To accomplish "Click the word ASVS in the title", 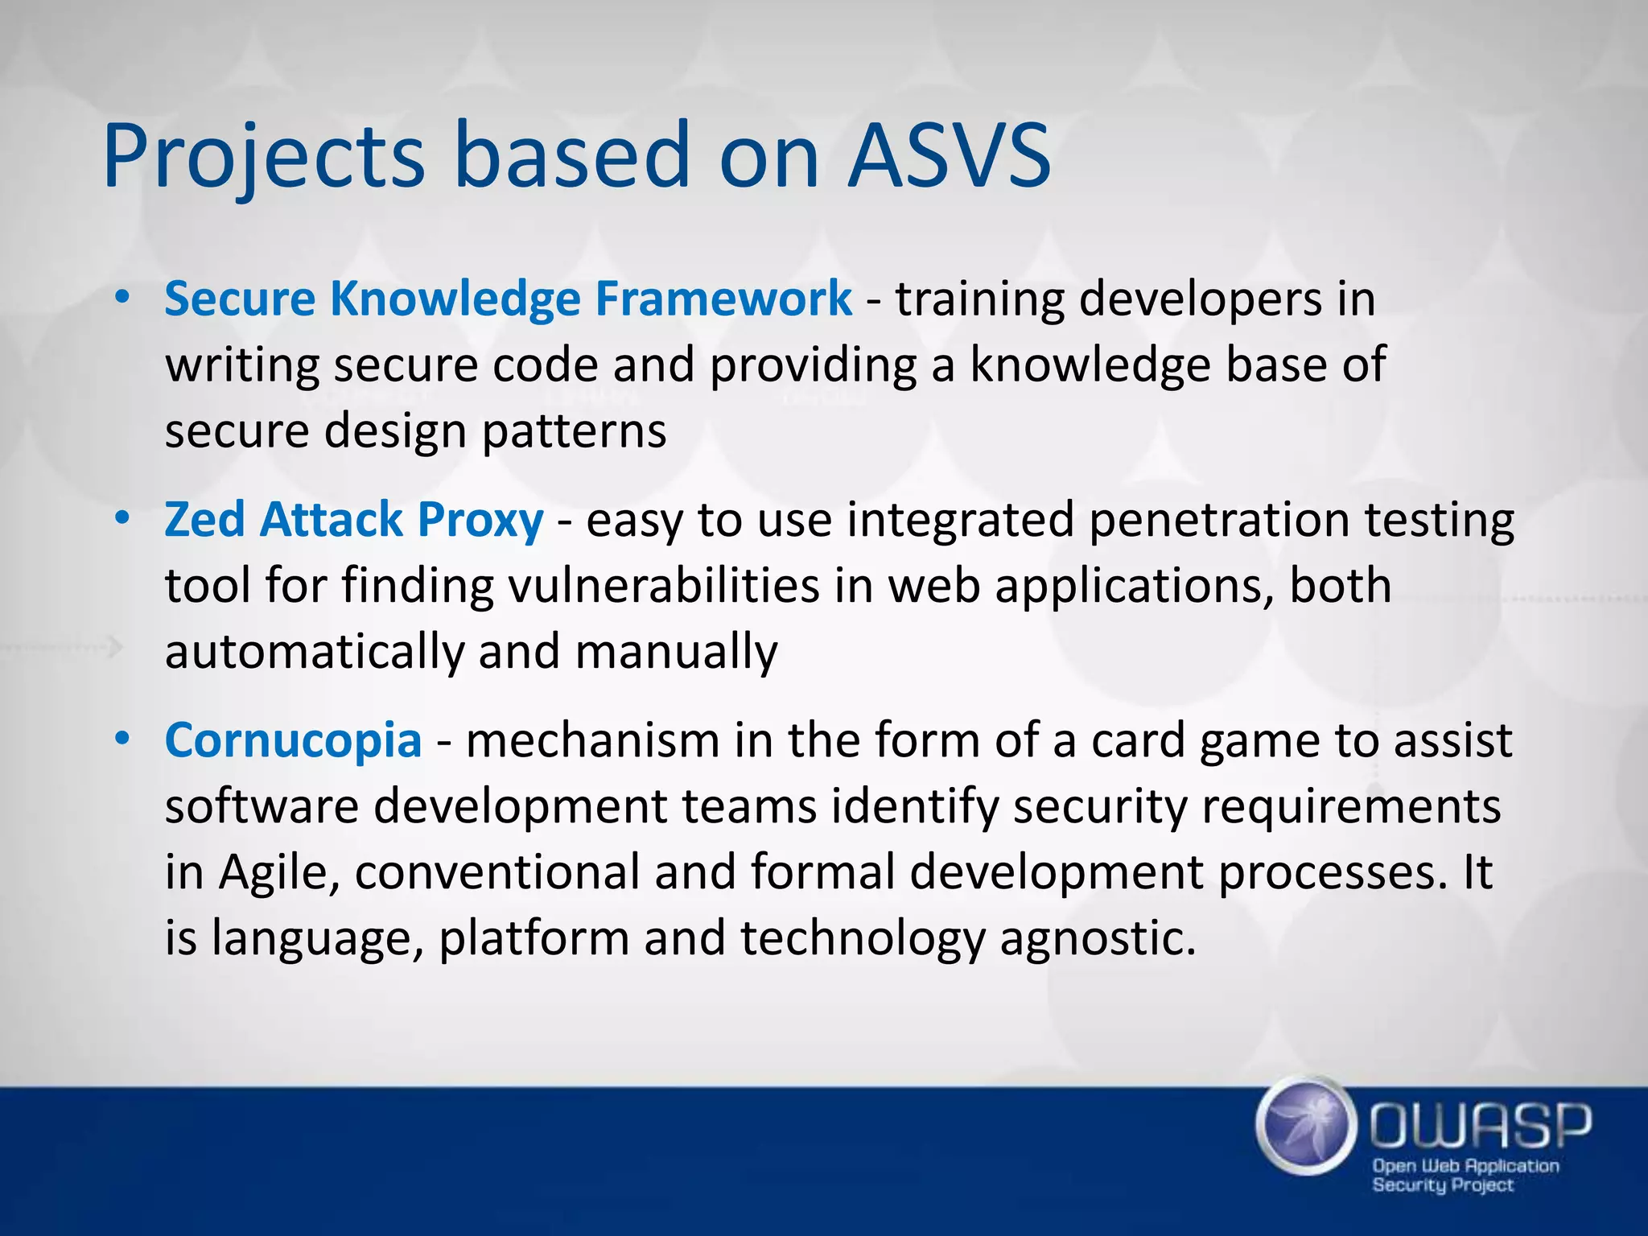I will coord(950,154).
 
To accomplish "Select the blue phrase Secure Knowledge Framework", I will coord(508,299).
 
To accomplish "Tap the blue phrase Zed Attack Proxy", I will coord(354,519).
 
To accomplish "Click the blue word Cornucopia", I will coord(293,740).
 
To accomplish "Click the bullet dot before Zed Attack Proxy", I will coord(122,518).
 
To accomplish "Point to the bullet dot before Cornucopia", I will coord(122,739).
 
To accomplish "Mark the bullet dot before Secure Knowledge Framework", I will coord(122,298).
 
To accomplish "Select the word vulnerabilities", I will coord(664,585).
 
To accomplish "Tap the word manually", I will coord(676,652).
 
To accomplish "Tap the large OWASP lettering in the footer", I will coord(1481,1124).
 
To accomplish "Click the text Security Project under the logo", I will coord(1442,1185).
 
